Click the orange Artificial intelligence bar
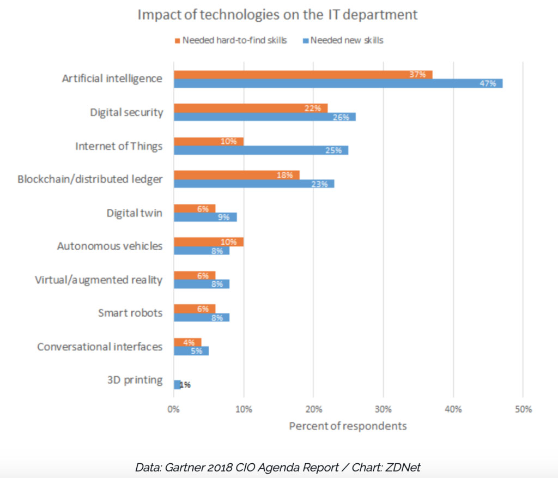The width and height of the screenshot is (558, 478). click(x=302, y=75)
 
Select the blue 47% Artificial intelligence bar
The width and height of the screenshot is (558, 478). click(x=338, y=83)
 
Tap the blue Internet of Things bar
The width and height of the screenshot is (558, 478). click(x=260, y=150)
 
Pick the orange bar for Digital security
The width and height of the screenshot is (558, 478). click(x=250, y=108)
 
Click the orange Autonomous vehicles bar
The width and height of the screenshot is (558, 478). click(x=208, y=241)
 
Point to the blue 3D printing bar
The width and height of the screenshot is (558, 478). click(x=177, y=384)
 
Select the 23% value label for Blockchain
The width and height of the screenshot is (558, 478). click(x=319, y=184)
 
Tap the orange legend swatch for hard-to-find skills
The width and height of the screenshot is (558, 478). click(x=177, y=40)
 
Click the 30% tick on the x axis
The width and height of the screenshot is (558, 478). click(x=383, y=409)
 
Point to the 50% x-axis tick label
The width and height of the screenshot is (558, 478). click(x=523, y=409)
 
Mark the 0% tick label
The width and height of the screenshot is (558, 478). click(x=173, y=409)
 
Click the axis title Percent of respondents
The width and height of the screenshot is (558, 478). click(x=348, y=426)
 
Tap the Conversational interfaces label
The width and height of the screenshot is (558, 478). click(x=99, y=347)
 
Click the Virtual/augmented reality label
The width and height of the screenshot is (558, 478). click(x=99, y=280)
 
